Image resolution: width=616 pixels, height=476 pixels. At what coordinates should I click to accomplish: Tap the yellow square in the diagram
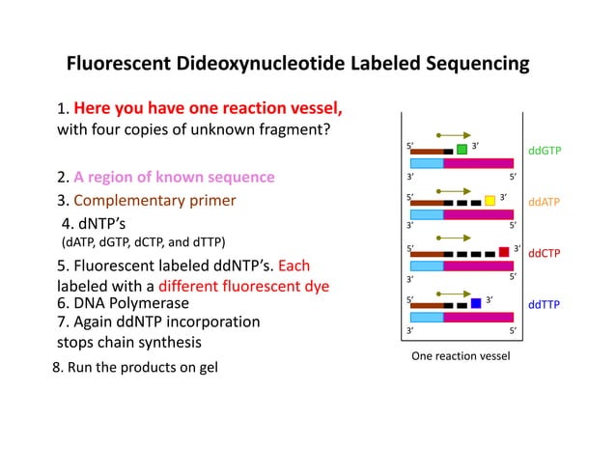[x=490, y=201]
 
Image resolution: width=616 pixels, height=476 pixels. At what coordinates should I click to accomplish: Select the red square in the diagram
[x=504, y=252]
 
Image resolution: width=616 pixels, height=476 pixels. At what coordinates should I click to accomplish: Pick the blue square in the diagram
[x=476, y=303]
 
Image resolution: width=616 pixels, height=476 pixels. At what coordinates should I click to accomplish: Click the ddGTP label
[x=545, y=151]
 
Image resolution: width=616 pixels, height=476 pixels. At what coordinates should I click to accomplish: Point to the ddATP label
[x=545, y=202]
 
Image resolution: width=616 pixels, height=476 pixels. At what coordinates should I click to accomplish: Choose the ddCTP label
[x=545, y=253]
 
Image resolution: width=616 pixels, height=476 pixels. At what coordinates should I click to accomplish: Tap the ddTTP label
[x=545, y=304]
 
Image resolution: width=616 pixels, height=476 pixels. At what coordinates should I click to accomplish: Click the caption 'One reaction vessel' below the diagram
[x=460, y=356]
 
